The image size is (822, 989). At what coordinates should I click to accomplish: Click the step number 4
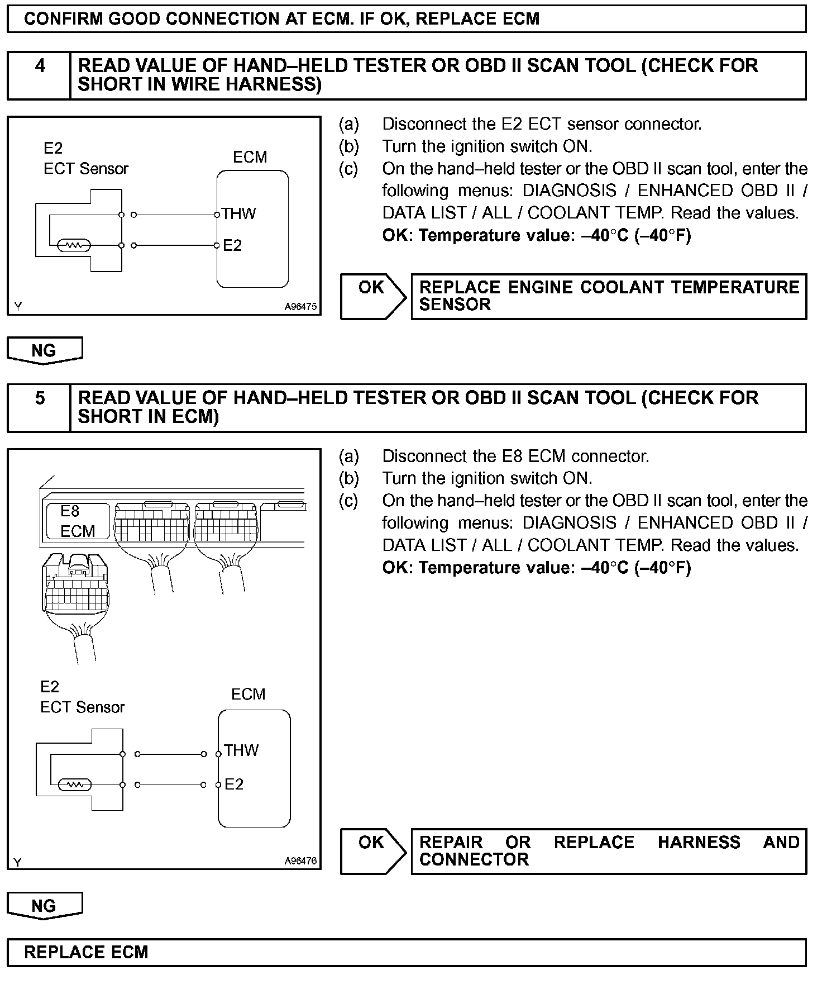pos(40,66)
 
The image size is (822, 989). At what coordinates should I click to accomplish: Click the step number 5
pos(40,398)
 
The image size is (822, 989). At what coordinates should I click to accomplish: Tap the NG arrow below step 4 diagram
pos(44,351)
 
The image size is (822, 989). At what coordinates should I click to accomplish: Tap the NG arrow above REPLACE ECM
pos(44,906)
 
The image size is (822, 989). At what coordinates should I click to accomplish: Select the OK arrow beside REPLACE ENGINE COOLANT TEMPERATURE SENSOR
pos(372,296)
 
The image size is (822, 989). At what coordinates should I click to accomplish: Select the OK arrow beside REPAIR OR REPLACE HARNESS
pos(372,851)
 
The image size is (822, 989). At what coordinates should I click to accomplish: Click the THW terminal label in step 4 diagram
pos(238,214)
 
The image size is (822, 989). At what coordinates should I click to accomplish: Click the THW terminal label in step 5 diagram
pos(241,750)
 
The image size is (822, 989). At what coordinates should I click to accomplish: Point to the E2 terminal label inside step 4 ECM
pos(232,246)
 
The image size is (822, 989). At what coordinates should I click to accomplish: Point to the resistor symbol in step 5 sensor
pos(74,785)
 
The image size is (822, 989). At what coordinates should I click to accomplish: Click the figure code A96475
pos(300,307)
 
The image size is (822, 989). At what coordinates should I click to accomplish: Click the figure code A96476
pos(300,861)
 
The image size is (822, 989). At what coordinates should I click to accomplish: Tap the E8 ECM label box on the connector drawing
pos(78,521)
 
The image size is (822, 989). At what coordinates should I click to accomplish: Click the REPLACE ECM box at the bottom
pos(406,953)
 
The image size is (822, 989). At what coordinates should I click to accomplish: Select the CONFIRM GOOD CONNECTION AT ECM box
pos(406,19)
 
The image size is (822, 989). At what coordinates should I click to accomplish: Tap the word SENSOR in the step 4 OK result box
pos(455,305)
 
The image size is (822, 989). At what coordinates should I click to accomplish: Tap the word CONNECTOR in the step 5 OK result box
pos(474,859)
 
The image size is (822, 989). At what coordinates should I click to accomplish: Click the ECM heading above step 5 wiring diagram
pos(248,694)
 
